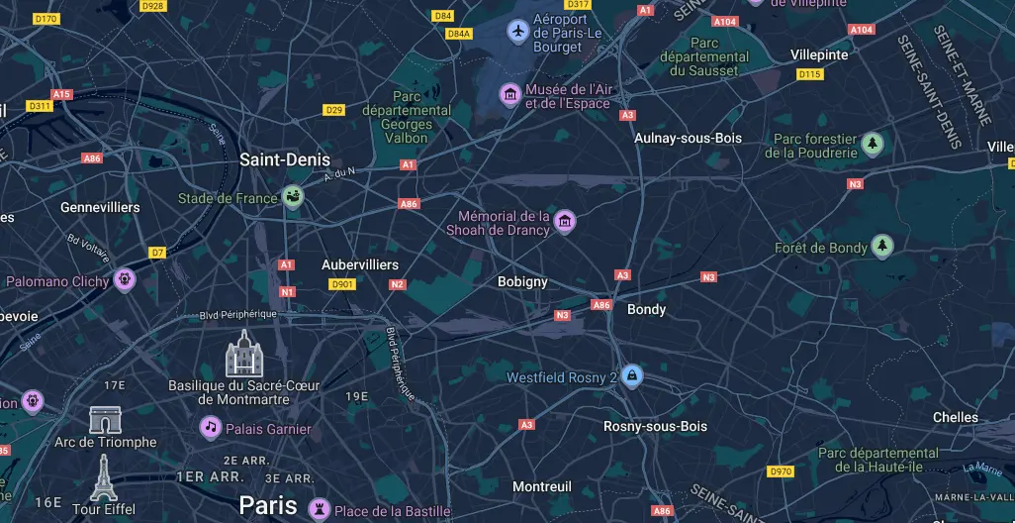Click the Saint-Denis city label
coord(285,159)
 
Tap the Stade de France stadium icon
coord(294,198)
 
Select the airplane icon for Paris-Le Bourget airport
coord(517,32)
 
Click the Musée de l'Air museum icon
coord(510,95)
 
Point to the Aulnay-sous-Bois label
coord(688,139)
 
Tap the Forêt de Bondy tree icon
coord(881,247)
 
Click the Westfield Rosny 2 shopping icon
coord(631,376)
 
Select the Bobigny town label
coord(522,282)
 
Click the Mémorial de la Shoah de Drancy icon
coord(564,221)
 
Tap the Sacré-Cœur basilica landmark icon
coord(242,354)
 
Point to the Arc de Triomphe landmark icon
coord(105,419)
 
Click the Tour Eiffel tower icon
coord(103,478)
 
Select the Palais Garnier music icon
coord(210,428)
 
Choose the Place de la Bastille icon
coord(319,510)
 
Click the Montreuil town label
coord(541,487)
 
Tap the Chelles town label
coord(955,418)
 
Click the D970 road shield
coord(781,471)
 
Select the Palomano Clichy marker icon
coord(124,280)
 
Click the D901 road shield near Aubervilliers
coord(341,284)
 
